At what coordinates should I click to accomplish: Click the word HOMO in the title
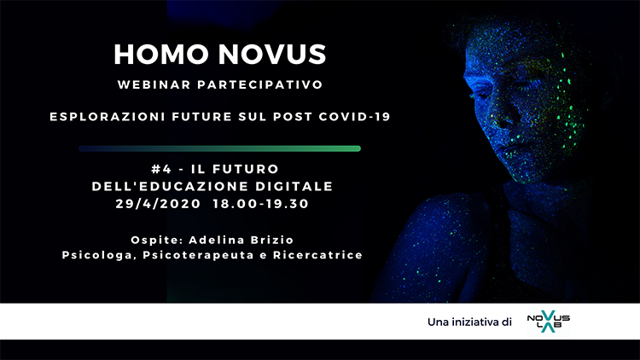pos(160,55)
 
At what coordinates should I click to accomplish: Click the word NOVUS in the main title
pos(272,55)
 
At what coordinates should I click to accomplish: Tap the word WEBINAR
pos(154,84)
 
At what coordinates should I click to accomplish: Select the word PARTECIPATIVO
pos(260,84)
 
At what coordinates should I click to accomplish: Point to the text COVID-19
pos(355,117)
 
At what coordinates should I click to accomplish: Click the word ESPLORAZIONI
pos(108,117)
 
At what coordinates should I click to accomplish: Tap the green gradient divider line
pos(219,148)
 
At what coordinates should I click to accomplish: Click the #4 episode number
pos(160,169)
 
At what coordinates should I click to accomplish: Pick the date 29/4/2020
pos(158,204)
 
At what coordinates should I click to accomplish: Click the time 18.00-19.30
pos(261,204)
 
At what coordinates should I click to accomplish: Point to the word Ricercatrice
pos(318,255)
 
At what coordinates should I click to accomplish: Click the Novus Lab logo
pos(548,322)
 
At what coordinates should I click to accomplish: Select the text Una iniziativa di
pos(469,322)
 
